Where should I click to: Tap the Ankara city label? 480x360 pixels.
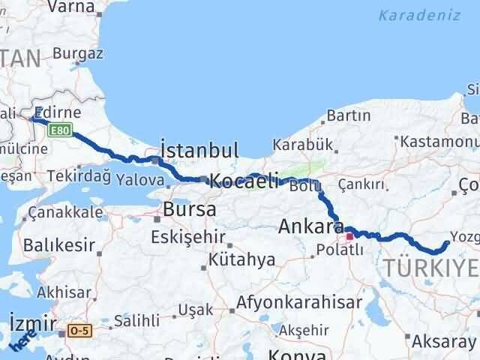click(310, 226)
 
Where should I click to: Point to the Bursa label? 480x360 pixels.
click(190, 209)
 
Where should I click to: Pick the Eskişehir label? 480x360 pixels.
click(188, 237)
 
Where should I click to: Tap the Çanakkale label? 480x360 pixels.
click(65, 213)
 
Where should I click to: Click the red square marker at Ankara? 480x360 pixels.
click(349, 236)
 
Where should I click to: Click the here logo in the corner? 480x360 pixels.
click(24, 339)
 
